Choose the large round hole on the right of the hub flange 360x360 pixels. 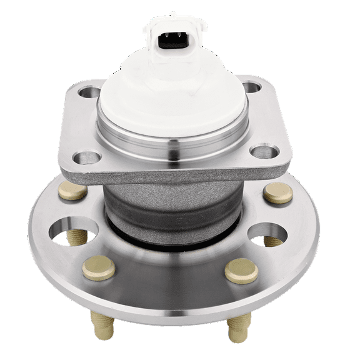click(268, 232)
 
